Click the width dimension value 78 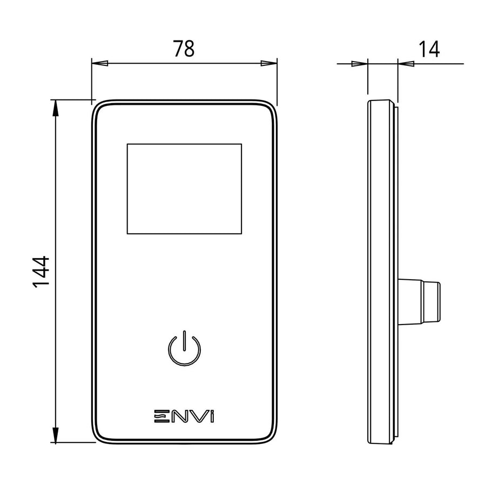click(x=184, y=49)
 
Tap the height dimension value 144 click(x=41, y=272)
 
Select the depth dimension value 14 click(x=429, y=49)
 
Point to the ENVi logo click(x=184, y=416)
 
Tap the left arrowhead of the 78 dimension click(x=100, y=63)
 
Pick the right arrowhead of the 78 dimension click(x=268, y=63)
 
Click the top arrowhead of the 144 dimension click(x=56, y=108)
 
